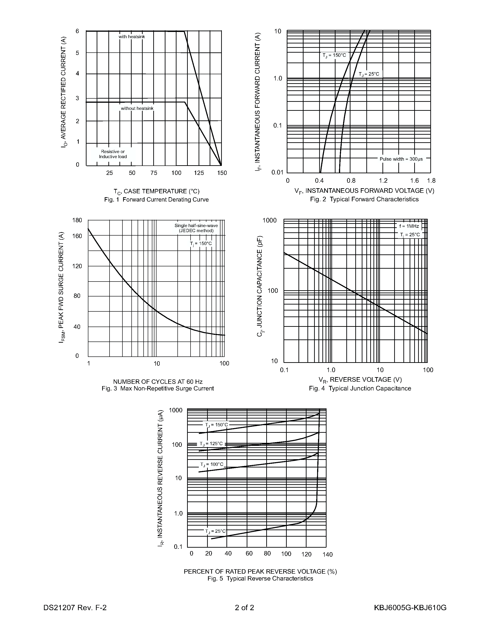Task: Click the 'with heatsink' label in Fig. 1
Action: tap(132, 37)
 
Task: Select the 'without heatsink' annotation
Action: tap(137, 108)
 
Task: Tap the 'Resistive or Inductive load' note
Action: tap(113, 154)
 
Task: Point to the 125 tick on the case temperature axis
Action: tap(199, 173)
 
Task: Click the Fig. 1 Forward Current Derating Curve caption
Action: tap(156, 200)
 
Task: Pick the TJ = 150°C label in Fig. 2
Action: tap(334, 55)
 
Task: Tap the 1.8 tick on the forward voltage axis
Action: tap(431, 181)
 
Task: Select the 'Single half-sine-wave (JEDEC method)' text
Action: tap(196, 228)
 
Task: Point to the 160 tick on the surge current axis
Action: tap(77, 236)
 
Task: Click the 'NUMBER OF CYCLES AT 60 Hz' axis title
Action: tap(158, 381)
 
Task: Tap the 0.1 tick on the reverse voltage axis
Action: tap(284, 370)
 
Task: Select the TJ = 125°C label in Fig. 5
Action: tap(211, 444)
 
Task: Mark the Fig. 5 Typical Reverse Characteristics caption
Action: tap(260, 579)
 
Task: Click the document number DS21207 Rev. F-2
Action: tap(75, 608)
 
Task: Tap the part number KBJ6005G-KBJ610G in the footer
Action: tap(410, 608)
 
